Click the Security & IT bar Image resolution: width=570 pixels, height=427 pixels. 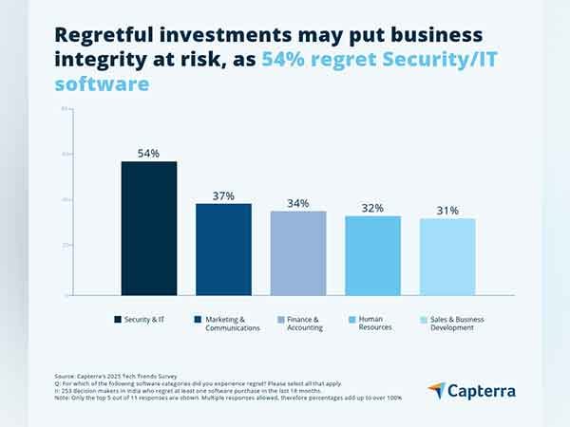point(149,228)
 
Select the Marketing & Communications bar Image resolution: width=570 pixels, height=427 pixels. point(223,249)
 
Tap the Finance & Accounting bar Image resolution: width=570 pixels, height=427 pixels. point(297,252)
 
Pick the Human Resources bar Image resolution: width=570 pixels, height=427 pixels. point(372,255)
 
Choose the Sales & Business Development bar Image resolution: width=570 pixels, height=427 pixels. point(446,256)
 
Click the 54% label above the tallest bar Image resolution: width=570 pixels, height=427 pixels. point(148,153)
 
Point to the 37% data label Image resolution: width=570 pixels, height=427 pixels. point(223,195)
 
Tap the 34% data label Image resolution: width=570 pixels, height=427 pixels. point(297,203)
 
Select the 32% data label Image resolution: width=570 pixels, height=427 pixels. point(372,208)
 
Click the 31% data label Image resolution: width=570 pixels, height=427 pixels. point(446,210)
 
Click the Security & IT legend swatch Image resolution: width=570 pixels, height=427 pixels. point(117,320)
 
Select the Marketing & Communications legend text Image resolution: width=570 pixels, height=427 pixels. point(225,324)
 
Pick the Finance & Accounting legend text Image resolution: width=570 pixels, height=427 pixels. point(303,324)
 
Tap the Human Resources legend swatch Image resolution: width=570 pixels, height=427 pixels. point(351,320)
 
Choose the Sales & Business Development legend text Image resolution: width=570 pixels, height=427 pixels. point(457,324)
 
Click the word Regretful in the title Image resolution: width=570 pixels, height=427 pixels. point(106,35)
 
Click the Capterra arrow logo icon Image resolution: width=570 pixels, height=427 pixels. point(436,389)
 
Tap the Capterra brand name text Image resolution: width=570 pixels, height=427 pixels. point(484,389)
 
